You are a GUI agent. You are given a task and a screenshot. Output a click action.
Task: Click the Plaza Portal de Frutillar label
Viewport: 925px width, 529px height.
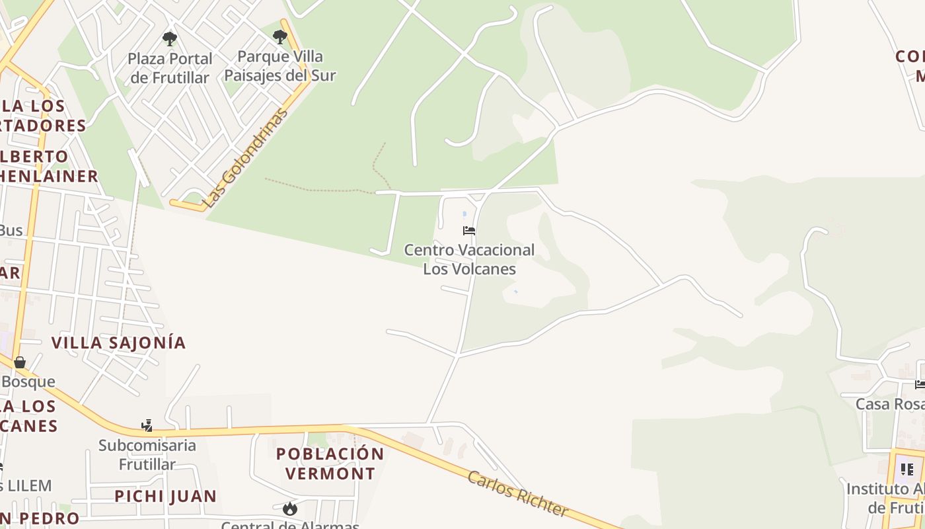click(x=170, y=68)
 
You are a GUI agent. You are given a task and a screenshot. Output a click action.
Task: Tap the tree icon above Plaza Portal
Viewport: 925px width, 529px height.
click(x=170, y=38)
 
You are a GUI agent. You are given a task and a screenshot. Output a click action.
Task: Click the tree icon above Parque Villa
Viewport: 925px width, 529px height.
click(x=280, y=36)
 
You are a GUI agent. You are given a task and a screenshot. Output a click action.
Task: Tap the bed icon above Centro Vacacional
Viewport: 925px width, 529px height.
click(x=469, y=231)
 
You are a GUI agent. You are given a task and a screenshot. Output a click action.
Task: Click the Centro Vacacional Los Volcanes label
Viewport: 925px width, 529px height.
click(x=469, y=259)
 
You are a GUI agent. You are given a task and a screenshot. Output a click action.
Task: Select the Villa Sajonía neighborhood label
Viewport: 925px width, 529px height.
click(x=118, y=343)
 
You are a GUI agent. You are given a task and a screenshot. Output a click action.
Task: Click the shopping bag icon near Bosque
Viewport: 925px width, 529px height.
click(x=20, y=362)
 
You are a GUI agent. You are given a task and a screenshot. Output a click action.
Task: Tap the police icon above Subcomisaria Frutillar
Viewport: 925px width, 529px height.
click(x=147, y=425)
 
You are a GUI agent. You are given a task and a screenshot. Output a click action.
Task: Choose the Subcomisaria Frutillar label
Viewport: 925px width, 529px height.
click(x=147, y=454)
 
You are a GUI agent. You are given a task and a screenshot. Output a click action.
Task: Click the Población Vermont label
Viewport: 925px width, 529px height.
click(x=330, y=464)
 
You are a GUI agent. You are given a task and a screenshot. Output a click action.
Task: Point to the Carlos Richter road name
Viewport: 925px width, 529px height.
click(x=517, y=494)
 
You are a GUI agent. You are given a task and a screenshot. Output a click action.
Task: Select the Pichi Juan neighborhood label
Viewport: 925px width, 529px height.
click(x=165, y=496)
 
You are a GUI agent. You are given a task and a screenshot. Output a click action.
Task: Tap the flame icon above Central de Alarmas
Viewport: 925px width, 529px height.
click(x=289, y=509)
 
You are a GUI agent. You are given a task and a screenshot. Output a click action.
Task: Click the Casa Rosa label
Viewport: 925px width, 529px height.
click(x=889, y=404)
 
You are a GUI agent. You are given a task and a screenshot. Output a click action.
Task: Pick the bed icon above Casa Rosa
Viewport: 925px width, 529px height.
click(x=920, y=384)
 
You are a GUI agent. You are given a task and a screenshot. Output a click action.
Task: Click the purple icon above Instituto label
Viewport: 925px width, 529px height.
click(x=907, y=469)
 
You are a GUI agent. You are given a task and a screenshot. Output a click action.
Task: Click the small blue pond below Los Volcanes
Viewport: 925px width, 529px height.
click(x=515, y=292)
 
